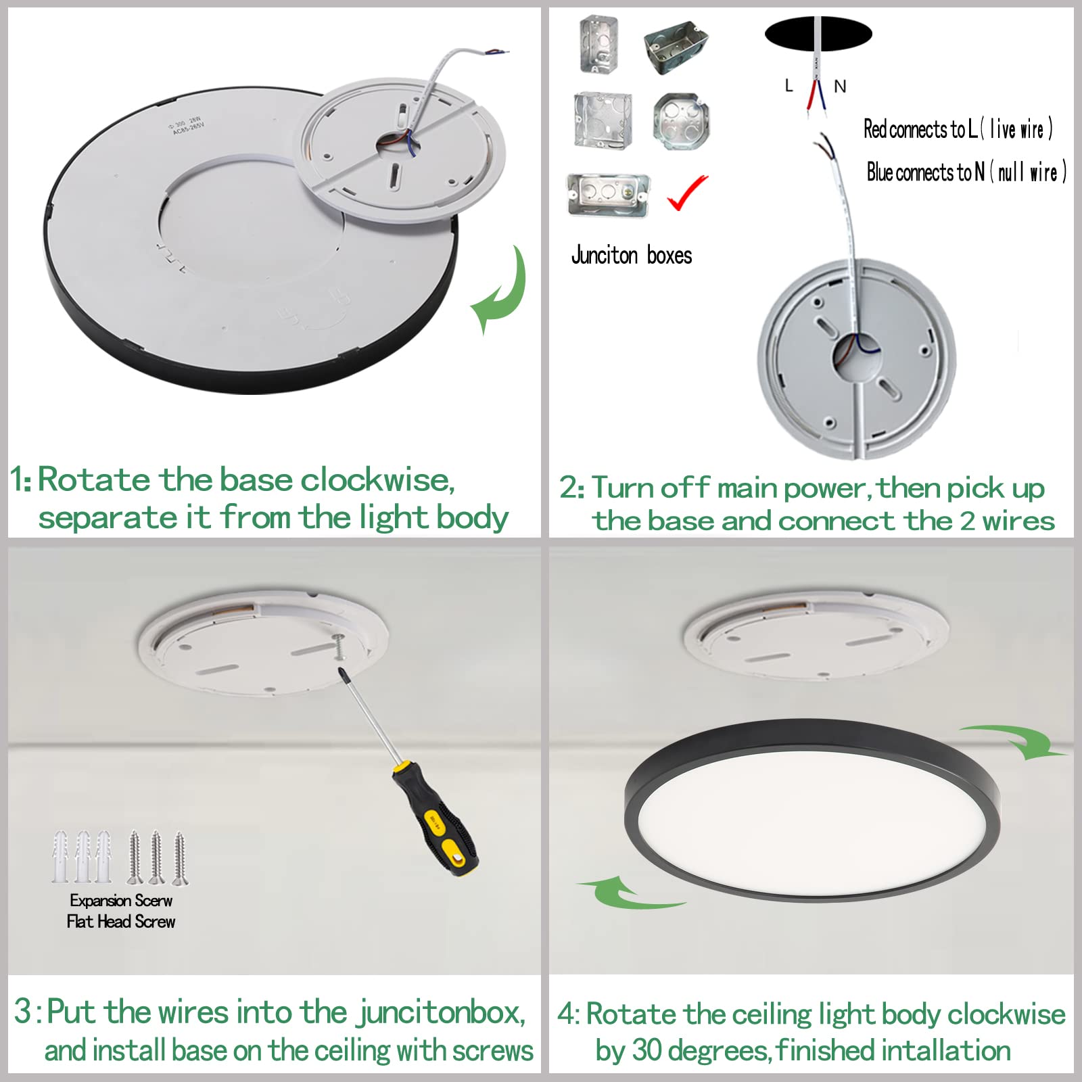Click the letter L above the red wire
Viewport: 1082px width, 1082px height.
(789, 85)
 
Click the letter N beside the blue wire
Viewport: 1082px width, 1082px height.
(840, 87)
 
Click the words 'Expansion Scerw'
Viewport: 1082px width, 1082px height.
(121, 901)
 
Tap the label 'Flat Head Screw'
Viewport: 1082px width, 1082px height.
(121, 922)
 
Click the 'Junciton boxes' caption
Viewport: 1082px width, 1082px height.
(632, 256)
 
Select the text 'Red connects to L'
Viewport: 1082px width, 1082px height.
(920, 129)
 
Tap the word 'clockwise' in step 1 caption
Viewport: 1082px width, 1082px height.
(376, 481)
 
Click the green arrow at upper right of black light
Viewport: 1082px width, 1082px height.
(1014, 740)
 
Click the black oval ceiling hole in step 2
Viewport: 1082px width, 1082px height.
(818, 34)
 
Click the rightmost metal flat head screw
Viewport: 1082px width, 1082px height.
(180, 857)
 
